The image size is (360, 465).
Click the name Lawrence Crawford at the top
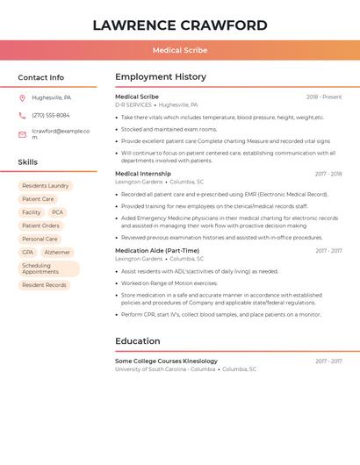(x=180, y=25)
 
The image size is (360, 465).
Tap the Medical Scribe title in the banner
(x=180, y=51)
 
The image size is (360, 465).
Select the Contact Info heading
(x=41, y=77)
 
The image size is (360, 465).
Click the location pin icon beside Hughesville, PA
(x=22, y=97)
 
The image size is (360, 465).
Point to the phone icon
(x=22, y=116)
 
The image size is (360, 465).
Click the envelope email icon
(x=22, y=134)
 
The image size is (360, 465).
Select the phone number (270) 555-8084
(x=51, y=116)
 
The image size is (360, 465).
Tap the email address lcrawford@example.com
(x=61, y=134)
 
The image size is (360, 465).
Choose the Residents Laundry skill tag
(x=46, y=186)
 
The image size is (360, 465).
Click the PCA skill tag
(x=57, y=212)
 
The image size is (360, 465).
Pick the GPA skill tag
(x=27, y=253)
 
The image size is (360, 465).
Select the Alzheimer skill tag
(x=57, y=253)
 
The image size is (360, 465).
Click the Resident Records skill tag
(x=44, y=285)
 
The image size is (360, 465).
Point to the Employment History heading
(x=161, y=77)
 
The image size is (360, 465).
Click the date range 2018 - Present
(x=324, y=97)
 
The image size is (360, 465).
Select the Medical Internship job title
(x=143, y=174)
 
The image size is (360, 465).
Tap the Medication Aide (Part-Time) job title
(x=157, y=251)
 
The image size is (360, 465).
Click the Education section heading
(x=138, y=341)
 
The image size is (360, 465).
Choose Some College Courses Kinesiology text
(x=166, y=361)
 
